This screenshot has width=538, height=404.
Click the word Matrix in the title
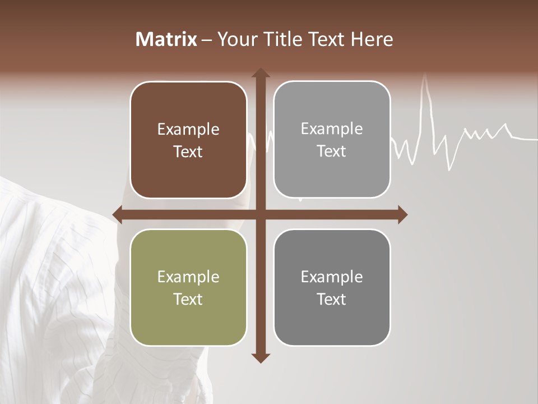tap(166, 39)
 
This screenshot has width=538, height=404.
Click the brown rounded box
tap(188, 140)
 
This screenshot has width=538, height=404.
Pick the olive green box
tap(188, 287)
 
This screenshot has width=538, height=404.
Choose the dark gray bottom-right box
tap(332, 287)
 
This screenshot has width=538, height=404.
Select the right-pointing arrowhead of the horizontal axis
tap(402, 214)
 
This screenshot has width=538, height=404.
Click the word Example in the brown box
tap(188, 130)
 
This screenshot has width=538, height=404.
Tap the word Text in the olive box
tap(188, 299)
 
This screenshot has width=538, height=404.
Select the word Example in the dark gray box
tap(332, 277)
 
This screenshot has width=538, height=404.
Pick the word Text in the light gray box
tap(332, 151)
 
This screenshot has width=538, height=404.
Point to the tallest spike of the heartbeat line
tap(425, 79)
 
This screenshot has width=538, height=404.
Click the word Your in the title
tap(235, 39)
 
